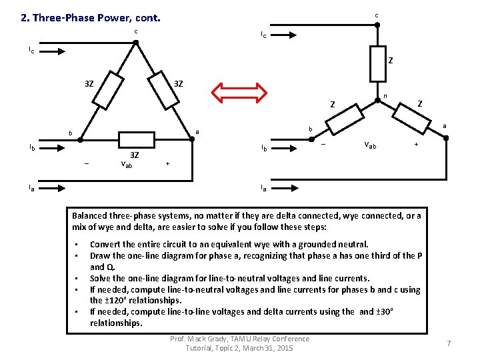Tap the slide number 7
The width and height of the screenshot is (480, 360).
pos(449,343)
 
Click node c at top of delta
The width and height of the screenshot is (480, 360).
pos(135,43)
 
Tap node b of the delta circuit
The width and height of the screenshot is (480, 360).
pos(81,141)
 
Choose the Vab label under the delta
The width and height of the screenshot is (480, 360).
pos(129,164)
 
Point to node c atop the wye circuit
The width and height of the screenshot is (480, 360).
pos(377,25)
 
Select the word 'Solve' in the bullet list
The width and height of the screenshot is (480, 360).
pos(101,279)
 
